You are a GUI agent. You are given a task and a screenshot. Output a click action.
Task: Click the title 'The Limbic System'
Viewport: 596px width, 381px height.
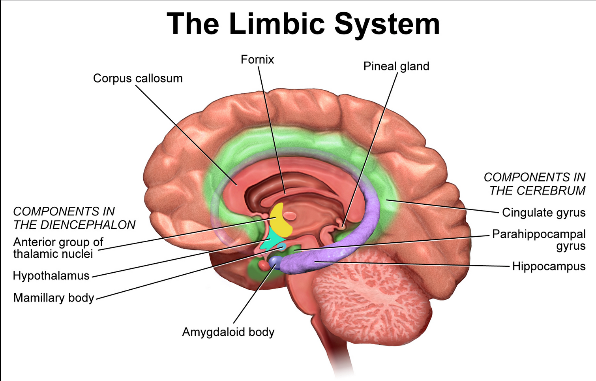click(x=303, y=24)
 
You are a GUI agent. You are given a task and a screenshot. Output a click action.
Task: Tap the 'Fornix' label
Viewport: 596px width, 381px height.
click(x=257, y=60)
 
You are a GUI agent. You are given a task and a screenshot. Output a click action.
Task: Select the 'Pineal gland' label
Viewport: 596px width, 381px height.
click(x=396, y=66)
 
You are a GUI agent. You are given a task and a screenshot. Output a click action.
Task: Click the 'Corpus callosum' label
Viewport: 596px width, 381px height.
click(x=138, y=78)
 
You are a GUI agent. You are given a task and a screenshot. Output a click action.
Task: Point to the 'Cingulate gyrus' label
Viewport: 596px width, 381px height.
click(x=544, y=213)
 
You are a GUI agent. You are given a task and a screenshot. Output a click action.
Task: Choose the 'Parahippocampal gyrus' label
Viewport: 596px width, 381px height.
click(x=539, y=240)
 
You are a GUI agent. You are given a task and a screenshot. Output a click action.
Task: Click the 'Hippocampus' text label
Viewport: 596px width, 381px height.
click(x=549, y=266)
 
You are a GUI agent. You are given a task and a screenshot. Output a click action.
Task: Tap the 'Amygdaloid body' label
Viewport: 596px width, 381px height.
click(x=228, y=332)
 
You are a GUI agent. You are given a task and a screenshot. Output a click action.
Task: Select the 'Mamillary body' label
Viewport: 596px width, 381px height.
click(x=54, y=298)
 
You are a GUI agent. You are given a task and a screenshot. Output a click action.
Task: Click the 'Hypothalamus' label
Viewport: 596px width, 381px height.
click(x=51, y=275)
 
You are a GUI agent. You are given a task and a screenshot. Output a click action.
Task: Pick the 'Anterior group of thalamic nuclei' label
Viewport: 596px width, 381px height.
click(x=58, y=248)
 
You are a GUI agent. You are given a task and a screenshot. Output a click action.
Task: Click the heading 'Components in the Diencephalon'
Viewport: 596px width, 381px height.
click(x=74, y=218)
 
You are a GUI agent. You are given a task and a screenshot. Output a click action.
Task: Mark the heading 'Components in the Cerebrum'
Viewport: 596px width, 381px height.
click(x=535, y=184)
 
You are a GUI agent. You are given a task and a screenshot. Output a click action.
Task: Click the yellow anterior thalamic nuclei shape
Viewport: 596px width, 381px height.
click(x=281, y=221)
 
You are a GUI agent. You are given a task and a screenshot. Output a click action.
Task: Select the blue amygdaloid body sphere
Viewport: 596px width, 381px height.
click(x=275, y=261)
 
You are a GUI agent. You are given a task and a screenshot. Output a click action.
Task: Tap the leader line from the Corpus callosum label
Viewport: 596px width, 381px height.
click(x=186, y=134)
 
